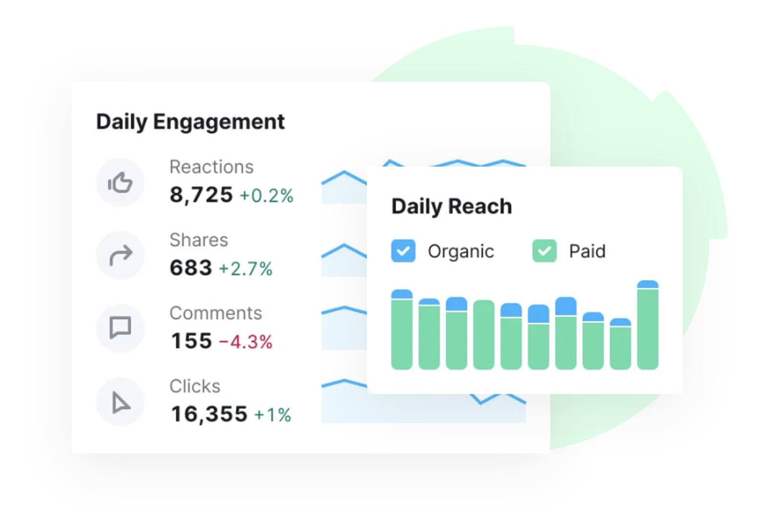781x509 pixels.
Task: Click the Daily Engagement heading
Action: [x=190, y=122]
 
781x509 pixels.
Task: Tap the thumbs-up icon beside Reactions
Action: [x=120, y=183]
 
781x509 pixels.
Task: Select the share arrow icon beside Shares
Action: [x=121, y=255]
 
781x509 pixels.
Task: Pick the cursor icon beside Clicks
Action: [x=121, y=402]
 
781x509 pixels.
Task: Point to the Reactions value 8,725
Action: [x=201, y=195]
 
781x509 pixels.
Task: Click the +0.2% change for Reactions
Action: [x=267, y=196]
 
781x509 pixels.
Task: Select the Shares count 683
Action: [x=191, y=268]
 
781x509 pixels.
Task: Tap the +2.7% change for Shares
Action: [x=246, y=269]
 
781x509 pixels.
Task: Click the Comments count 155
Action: [x=191, y=341]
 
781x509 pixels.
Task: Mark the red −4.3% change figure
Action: [x=246, y=342]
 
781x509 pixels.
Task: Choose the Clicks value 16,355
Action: [x=209, y=414]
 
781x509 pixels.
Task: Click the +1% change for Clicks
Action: [x=273, y=415]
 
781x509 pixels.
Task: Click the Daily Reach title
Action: [x=452, y=206]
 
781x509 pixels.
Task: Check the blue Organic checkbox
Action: [x=403, y=251]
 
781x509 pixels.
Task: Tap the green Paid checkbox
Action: [x=545, y=251]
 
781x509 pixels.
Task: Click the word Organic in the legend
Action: [x=461, y=252]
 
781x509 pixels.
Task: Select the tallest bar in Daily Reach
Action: [x=648, y=325]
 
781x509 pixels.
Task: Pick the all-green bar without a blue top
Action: [x=484, y=335]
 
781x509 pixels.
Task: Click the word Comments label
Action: [x=216, y=313]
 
